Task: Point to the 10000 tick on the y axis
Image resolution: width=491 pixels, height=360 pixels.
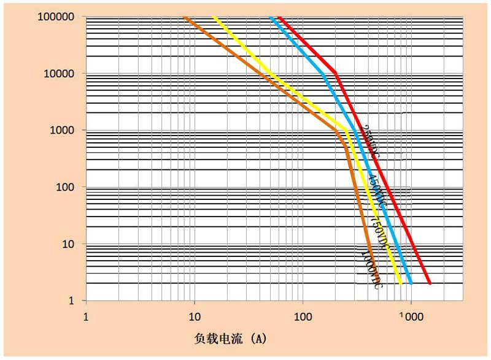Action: pos(60,74)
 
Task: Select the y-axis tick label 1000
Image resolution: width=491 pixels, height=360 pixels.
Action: pos(63,131)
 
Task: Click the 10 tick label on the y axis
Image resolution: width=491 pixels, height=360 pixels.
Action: pos(68,244)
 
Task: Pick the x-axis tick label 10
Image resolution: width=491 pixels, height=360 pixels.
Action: pos(194,317)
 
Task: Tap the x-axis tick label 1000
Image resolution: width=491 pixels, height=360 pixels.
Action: pos(411,317)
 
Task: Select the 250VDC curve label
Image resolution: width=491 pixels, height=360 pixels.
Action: pos(369,140)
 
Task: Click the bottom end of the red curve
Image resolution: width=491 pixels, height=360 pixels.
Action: pos(430,284)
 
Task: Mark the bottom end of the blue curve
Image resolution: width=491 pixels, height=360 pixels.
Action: pos(411,284)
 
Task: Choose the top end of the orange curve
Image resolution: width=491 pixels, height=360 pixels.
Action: pos(184,17)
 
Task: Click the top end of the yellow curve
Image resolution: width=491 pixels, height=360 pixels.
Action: pos(214,17)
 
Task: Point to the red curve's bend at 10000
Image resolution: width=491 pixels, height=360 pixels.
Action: pos(335,74)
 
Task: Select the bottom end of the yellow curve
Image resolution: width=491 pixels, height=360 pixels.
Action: pos(400,284)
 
